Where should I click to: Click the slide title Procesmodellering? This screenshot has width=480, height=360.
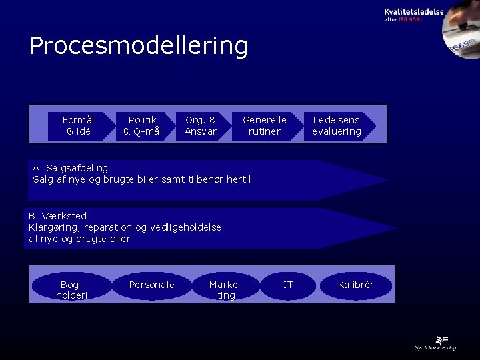coord(139,46)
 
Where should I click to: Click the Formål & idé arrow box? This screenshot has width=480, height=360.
coord(78,125)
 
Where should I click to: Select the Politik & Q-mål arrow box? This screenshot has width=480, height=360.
coord(142,125)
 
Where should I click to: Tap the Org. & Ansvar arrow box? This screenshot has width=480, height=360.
coord(201,125)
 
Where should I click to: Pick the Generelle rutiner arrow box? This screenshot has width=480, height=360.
coord(264,125)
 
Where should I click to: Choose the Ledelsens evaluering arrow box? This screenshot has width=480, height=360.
coord(337,125)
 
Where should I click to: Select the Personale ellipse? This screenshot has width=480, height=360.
coord(151,285)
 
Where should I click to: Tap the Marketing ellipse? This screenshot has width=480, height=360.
coord(226,289)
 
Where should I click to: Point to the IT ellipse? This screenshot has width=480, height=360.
coord(288,285)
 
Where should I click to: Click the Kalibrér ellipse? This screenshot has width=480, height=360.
coord(356,285)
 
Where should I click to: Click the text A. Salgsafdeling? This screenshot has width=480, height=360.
coord(70,167)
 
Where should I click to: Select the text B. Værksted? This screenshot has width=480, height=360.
coord(57,216)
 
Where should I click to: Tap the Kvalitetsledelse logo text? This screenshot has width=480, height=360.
coord(413,12)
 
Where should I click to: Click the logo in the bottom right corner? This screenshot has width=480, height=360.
coord(434,342)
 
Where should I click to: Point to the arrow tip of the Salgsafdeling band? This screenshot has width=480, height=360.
coord(383,180)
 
